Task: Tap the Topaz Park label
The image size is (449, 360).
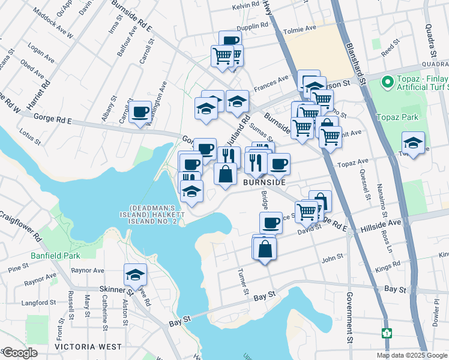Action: tap(394, 118)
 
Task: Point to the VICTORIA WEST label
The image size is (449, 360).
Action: tap(88, 347)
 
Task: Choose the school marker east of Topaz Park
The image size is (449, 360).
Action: tap(413, 143)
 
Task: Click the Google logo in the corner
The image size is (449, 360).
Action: tap(19, 353)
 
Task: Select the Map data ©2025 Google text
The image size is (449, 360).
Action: tap(412, 355)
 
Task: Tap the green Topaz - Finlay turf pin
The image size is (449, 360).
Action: tap(387, 80)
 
